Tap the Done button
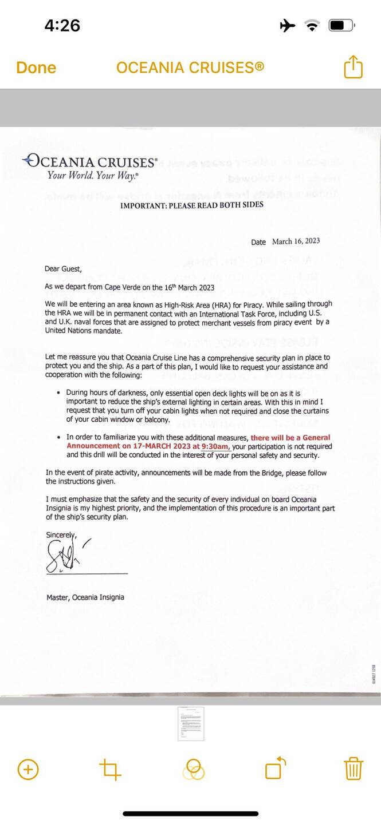point(36,68)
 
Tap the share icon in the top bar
point(353,68)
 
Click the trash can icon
point(353,768)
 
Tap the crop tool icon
point(110,769)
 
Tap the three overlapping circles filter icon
point(194,770)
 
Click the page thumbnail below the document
point(190,723)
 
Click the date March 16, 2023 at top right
point(296,241)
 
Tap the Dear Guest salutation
point(63,268)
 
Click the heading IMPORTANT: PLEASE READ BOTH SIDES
point(191,205)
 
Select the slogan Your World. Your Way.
point(92,176)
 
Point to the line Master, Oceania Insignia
point(85,597)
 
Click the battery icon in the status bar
point(341,25)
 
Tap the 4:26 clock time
point(62,25)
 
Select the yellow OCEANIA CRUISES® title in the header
point(190,68)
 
